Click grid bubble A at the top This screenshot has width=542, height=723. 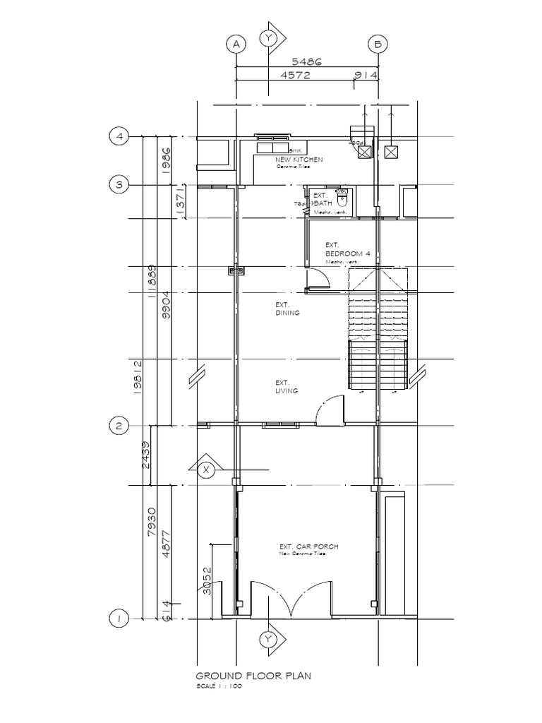click(236, 44)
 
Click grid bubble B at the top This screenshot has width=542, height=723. click(378, 44)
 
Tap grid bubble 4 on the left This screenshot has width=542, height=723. click(119, 136)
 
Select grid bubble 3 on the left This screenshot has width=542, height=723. click(119, 185)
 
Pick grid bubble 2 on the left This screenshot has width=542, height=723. click(119, 425)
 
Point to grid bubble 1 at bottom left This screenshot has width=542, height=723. click(119, 619)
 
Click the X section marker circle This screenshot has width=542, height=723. click(206, 470)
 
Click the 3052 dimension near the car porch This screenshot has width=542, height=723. click(207, 580)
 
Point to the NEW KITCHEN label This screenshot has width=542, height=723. click(299, 160)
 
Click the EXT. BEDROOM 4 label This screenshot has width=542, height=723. click(343, 250)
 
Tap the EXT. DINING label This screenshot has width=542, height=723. click(287, 309)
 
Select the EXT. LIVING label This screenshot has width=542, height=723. click(287, 387)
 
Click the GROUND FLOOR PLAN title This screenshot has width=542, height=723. click(253, 676)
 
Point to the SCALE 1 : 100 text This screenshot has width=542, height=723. click(219, 686)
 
